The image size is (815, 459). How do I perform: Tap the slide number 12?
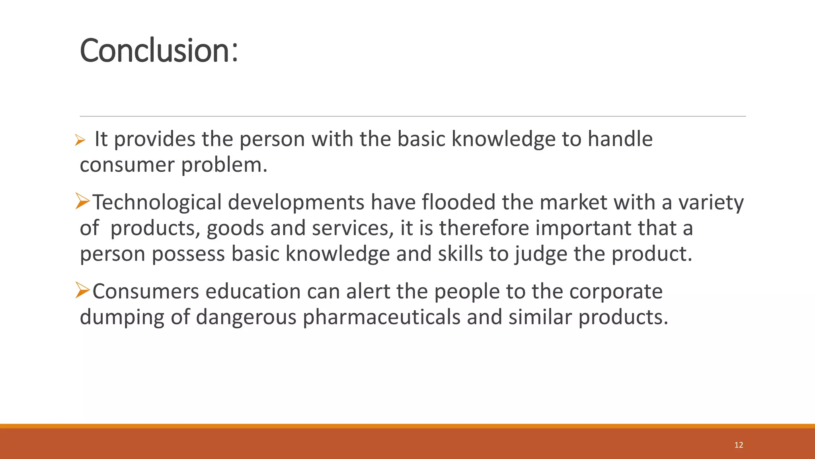pos(739,445)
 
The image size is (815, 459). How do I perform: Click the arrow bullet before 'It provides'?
pos(80,140)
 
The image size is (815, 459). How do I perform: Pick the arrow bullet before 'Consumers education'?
pos(82,290)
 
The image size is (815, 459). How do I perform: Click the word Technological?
pos(157,202)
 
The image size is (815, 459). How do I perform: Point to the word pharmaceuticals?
pos(381,317)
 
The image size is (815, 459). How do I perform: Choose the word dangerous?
pos(246,318)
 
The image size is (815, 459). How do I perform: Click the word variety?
pos(711,202)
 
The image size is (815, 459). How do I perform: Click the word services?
pos(353,228)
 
